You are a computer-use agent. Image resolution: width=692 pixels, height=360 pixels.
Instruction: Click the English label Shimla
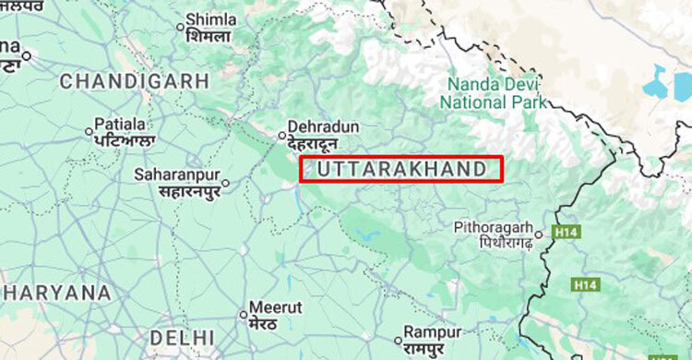click(210, 18)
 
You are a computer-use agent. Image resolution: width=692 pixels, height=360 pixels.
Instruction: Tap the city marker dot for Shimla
click(180, 27)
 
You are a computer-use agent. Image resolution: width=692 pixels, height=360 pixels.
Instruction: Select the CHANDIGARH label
click(135, 81)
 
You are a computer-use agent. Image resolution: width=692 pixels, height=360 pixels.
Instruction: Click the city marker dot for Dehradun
click(283, 135)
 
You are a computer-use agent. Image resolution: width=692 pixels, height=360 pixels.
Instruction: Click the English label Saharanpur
click(175, 174)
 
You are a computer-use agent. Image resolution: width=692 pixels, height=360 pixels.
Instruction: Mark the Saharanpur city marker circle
click(224, 183)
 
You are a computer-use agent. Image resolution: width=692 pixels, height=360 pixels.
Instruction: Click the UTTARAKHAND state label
click(400, 169)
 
